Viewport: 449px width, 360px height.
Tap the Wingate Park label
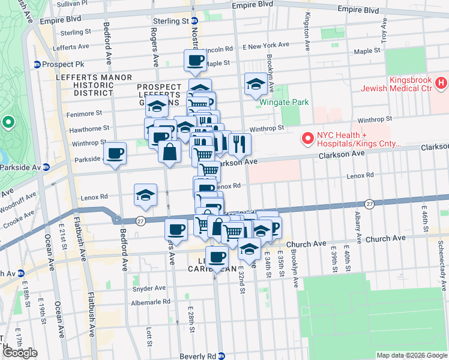click(x=285, y=102)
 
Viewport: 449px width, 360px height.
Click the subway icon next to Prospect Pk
click(x=37, y=64)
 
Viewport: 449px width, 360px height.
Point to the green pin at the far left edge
click(x=8, y=124)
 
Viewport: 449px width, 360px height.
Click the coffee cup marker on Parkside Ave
click(x=115, y=154)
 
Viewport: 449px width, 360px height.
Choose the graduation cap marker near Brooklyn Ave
click(x=256, y=85)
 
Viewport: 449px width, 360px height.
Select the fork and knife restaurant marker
click(x=240, y=144)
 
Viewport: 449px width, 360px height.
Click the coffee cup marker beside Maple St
click(x=196, y=61)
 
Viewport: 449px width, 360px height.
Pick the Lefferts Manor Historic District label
click(x=93, y=85)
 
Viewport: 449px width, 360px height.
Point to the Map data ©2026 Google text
click(x=412, y=355)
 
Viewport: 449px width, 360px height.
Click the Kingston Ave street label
click(x=307, y=31)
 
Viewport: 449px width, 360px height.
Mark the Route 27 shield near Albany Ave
click(x=370, y=204)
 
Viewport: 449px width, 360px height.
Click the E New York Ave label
click(x=262, y=46)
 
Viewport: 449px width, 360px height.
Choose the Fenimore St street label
click(x=85, y=113)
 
